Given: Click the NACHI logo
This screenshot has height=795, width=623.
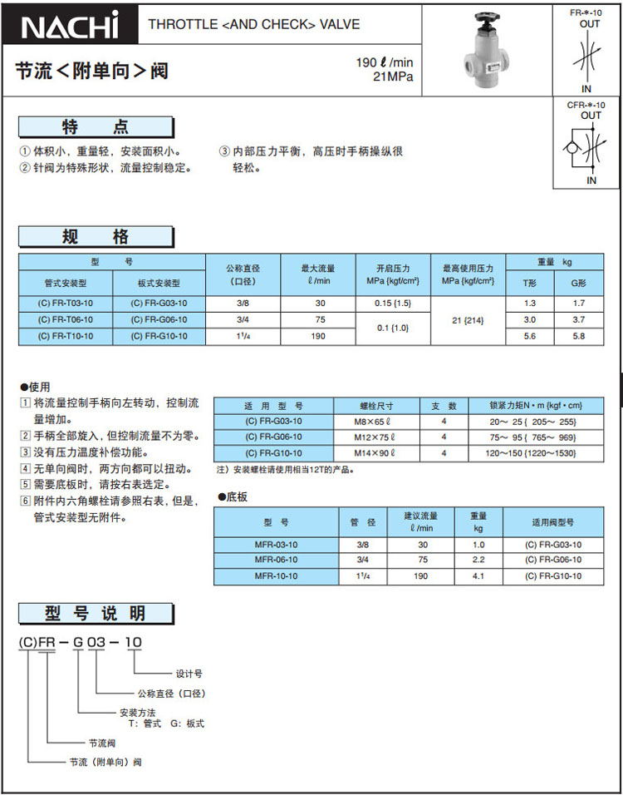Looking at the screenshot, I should pos(71,26).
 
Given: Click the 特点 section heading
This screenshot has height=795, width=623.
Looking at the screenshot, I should pos(96,126).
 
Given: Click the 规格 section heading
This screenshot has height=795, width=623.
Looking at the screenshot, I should pos(96,237).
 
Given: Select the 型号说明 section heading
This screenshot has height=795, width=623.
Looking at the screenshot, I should pos(96,614).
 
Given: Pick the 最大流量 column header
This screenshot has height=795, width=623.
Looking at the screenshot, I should pos(318,274).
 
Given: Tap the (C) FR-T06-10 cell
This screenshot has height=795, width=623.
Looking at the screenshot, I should pos(66,319).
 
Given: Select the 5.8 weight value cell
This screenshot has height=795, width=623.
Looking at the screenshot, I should pos(579,336).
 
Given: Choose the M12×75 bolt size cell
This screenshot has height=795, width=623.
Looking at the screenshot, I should pos(373,437).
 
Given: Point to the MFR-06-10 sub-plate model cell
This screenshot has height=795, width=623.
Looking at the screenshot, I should pos(276,560).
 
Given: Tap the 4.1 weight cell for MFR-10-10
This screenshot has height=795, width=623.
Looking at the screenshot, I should pos(478,575).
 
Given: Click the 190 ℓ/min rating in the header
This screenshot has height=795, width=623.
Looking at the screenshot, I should pos(385,62).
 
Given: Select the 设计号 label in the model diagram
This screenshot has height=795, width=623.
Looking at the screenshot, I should pos(189,673).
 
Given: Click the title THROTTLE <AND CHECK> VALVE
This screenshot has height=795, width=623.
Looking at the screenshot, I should pos(254,24).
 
